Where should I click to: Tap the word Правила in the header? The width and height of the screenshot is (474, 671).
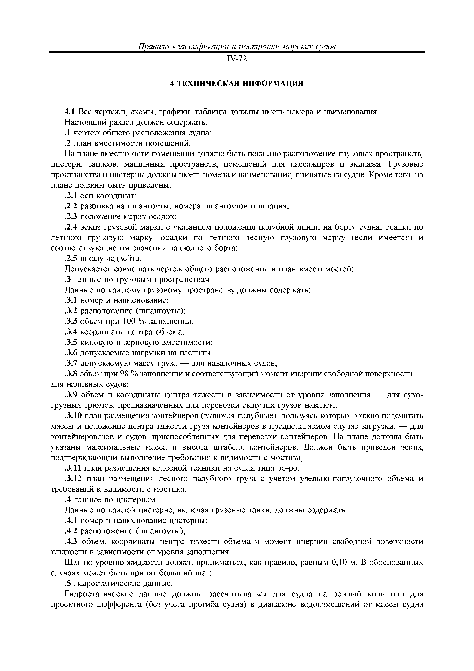pyautogui.click(x=153, y=47)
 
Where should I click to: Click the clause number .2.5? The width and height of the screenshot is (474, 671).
pyautogui.click(x=71, y=259)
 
